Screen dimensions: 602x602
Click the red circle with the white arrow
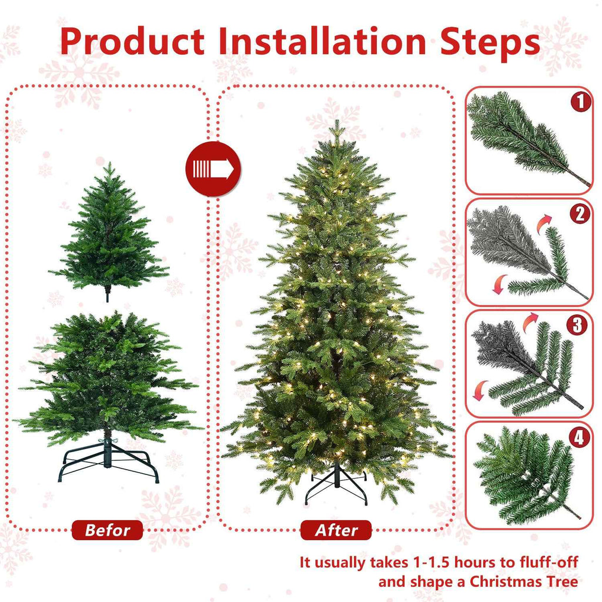coord(213,169)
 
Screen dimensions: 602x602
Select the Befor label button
coord(107,530)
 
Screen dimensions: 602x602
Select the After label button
coord(336,530)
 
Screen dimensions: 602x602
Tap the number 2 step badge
coord(581,213)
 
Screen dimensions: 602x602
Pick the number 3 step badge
coord(581,325)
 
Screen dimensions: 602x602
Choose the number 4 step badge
coord(581,436)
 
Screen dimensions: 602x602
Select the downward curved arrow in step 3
coord(481,389)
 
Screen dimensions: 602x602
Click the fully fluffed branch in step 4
coord(523,473)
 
